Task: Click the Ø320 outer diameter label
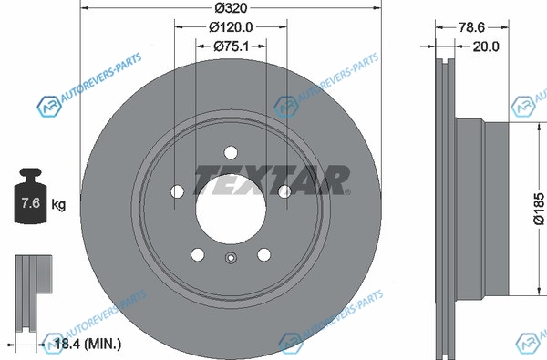point(231,7)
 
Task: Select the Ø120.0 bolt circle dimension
point(231,26)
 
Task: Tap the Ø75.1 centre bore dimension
point(231,46)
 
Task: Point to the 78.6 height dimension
point(471,27)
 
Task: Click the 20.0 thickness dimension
point(486,46)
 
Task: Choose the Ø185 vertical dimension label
point(539,209)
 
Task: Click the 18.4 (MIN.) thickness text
point(88,345)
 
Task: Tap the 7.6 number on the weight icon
point(31,202)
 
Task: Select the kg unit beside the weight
point(58,204)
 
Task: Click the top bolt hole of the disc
point(231,153)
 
